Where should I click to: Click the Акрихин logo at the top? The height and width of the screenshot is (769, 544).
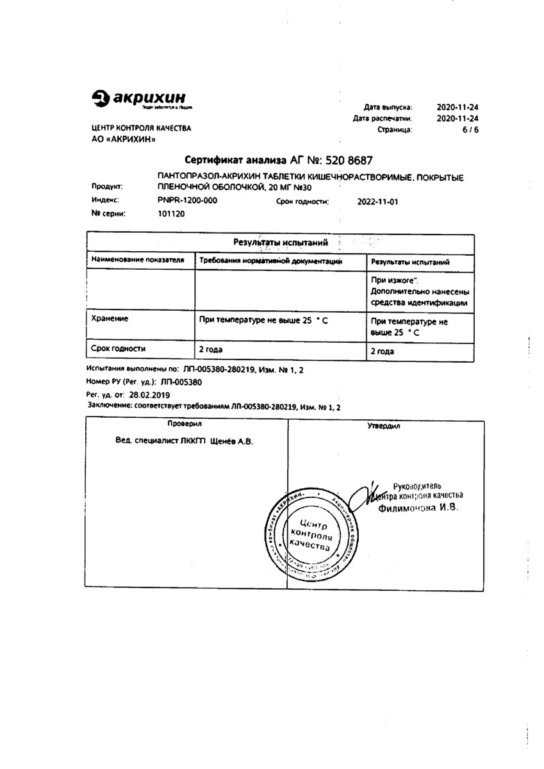[x=142, y=99]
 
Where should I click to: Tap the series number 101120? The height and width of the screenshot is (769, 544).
[x=170, y=214]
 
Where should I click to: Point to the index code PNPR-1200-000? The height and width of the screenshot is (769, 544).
[x=187, y=201]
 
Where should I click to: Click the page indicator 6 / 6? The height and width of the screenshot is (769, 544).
[x=470, y=129]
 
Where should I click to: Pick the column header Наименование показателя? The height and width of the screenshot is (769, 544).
[x=138, y=261]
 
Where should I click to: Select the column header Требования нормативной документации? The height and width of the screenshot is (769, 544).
[x=270, y=261]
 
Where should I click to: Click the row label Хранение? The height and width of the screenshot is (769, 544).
[x=110, y=318]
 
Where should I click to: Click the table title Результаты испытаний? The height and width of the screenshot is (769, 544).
[x=281, y=243]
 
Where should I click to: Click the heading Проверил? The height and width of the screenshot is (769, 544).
[x=185, y=424]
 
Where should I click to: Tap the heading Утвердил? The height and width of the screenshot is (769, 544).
[x=383, y=425]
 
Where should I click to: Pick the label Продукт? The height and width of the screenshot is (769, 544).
[x=106, y=187]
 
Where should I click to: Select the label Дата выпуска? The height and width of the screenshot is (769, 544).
[x=388, y=107]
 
